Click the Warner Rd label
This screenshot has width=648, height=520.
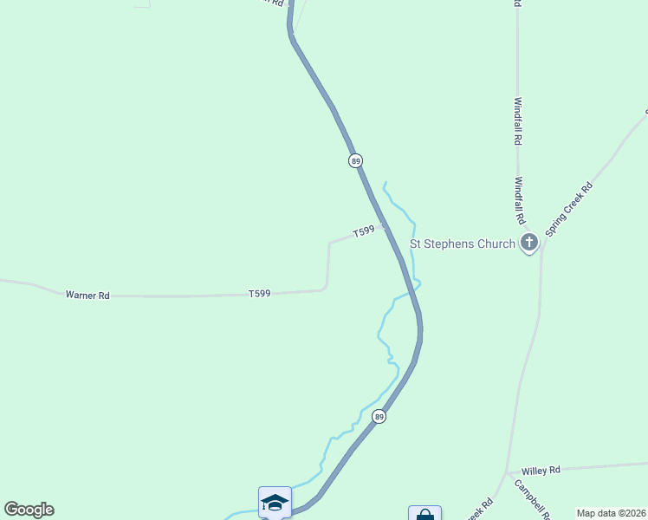point(87,295)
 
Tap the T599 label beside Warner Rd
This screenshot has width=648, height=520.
point(259,294)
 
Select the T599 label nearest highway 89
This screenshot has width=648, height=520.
point(364,231)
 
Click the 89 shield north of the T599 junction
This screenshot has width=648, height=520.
point(355,161)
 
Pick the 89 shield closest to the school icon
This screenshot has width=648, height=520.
point(379,417)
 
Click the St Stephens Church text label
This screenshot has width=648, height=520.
point(463,244)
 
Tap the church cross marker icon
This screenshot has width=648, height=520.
point(529,244)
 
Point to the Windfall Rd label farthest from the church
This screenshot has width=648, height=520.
point(518,120)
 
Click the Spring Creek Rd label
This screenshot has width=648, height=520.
point(570,210)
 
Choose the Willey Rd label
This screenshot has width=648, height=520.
point(542,470)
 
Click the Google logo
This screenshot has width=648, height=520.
point(29,510)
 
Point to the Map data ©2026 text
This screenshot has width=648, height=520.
point(611,513)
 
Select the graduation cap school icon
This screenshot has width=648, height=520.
point(275,502)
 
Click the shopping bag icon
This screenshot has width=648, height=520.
point(424,514)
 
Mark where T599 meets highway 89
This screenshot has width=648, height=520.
point(383,224)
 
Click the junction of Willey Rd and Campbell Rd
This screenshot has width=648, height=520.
point(506,473)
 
